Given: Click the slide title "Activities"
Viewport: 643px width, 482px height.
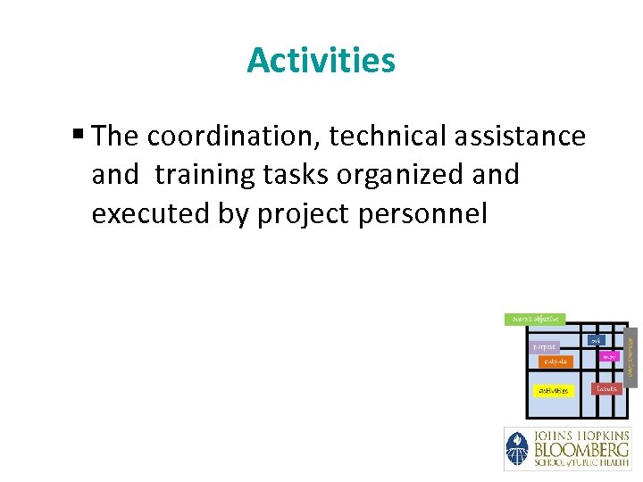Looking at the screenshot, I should pyautogui.click(x=321, y=61).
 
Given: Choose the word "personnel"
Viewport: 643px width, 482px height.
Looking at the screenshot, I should pyautogui.click(x=428, y=214).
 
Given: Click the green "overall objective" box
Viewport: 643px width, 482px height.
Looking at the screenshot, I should pyautogui.click(x=535, y=319).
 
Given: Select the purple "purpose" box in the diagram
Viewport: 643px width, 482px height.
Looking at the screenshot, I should pyautogui.click(x=544, y=346).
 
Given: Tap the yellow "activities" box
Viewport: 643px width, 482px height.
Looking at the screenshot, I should pyautogui.click(x=552, y=391).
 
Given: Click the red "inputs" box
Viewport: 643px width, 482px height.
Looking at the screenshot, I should pyautogui.click(x=607, y=389).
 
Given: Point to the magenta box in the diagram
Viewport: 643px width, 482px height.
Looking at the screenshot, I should pyautogui.click(x=609, y=357).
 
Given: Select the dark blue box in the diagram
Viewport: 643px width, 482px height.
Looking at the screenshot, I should pyautogui.click(x=596, y=340).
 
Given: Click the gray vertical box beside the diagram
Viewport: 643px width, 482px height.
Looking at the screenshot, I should pyautogui.click(x=630, y=355).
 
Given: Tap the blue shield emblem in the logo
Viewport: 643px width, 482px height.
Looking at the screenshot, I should pyautogui.click(x=518, y=448).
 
